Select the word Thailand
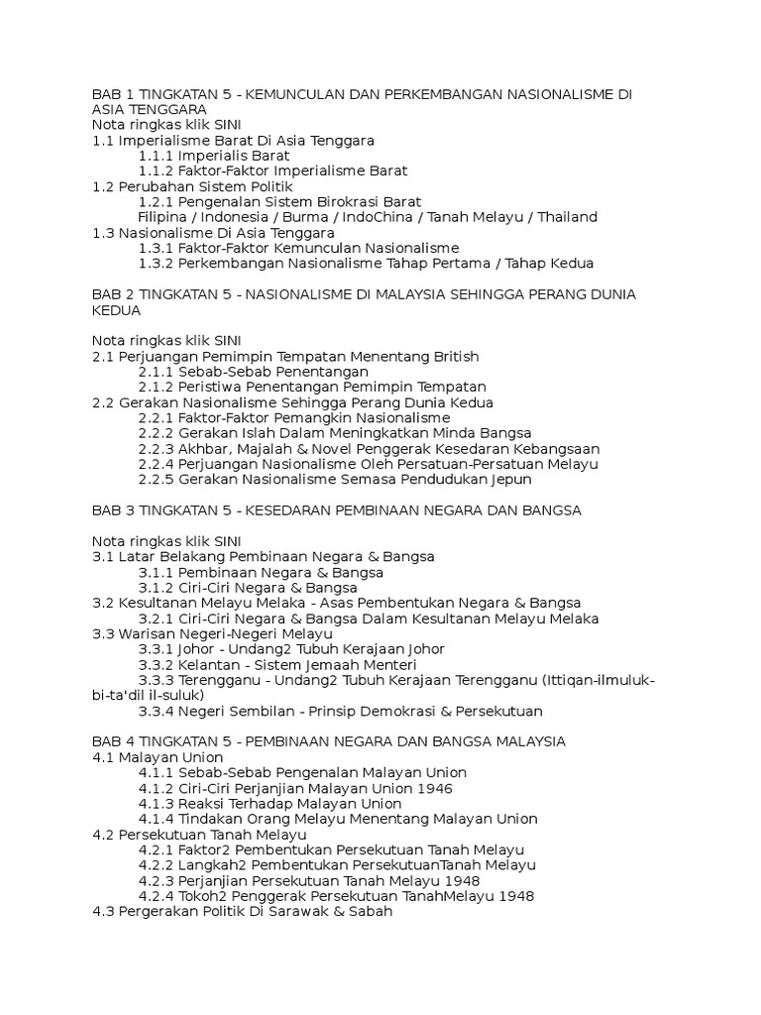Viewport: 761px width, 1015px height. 562,217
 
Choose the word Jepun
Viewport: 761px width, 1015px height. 510,480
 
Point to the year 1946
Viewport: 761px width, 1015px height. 435,788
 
